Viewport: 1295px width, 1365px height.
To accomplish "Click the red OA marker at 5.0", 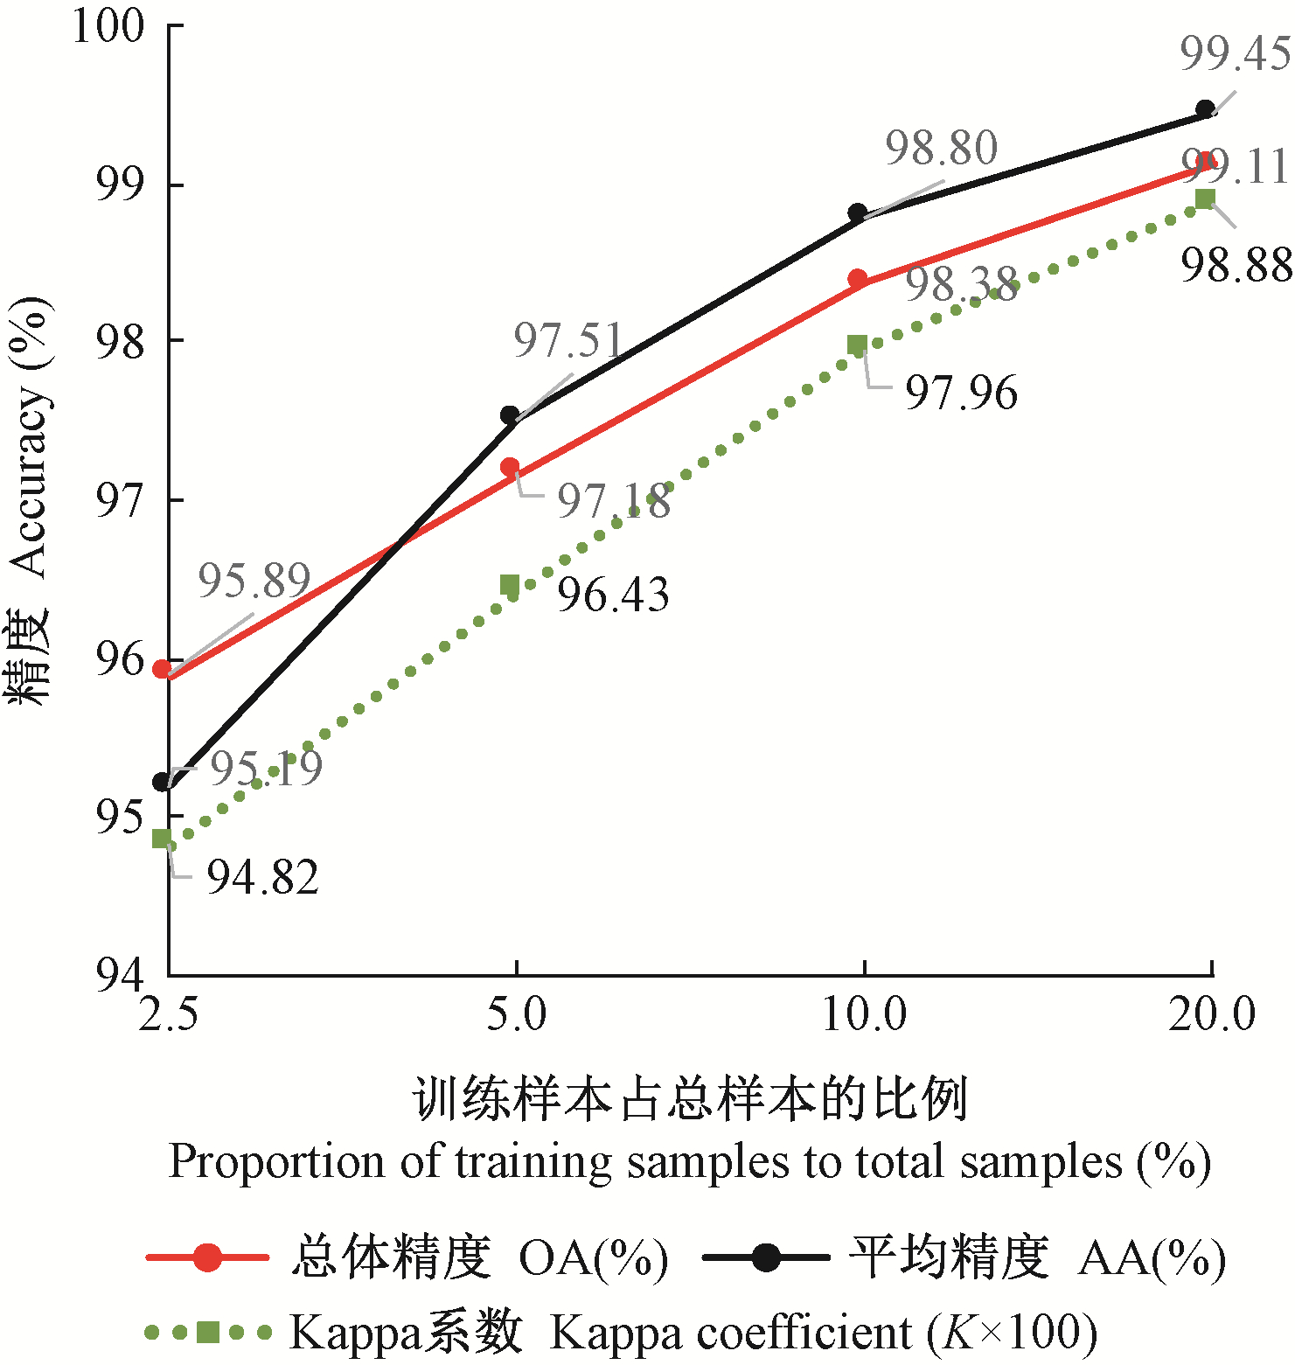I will (510, 468).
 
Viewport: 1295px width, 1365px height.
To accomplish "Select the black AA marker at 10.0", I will (858, 213).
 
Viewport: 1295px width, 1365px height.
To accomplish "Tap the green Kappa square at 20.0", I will (1205, 199).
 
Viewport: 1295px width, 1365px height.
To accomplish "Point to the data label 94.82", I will (262, 877).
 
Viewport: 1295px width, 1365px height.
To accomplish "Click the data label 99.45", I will (1235, 53).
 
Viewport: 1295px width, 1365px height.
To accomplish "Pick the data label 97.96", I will (961, 393).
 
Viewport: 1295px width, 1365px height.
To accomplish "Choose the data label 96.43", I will (613, 595).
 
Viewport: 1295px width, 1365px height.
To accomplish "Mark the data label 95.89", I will (254, 580).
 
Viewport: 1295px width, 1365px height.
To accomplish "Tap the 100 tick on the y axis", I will (108, 25).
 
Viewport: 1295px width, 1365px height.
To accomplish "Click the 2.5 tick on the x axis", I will (168, 1015).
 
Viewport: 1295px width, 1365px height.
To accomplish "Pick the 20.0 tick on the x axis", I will (1212, 1015).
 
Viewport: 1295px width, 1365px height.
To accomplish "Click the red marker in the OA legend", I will (207, 1258).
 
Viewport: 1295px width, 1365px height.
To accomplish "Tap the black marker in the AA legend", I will (766, 1258).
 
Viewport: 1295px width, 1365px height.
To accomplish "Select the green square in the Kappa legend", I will (208, 1333).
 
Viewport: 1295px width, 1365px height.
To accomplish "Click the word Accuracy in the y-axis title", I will (31, 481).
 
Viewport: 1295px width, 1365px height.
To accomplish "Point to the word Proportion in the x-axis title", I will (276, 1162).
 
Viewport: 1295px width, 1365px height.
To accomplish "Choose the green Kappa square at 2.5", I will (162, 839).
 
